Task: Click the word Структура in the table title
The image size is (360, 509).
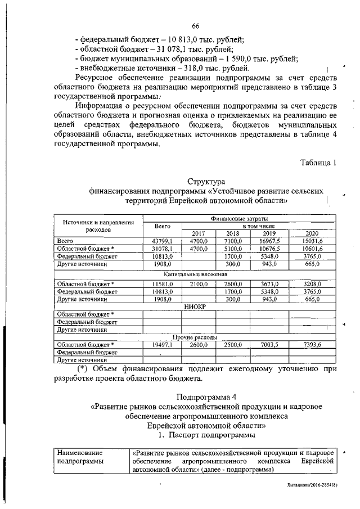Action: [x=205, y=181]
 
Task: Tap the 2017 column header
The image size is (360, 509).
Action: [x=199, y=233]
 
